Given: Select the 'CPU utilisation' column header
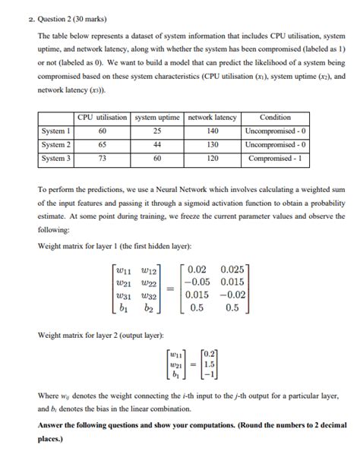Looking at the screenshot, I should (103, 118).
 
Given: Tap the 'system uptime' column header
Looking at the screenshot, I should (157, 118).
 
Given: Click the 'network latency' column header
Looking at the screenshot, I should (212, 118).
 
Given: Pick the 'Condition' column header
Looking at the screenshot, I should (275, 118).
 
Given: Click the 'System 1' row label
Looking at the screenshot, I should (56, 131).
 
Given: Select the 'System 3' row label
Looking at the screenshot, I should (56, 159).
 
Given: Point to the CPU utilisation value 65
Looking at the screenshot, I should (103, 144).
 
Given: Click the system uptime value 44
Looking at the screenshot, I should (157, 144).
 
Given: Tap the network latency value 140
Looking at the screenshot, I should (212, 131).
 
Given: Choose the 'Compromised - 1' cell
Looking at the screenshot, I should (275, 159).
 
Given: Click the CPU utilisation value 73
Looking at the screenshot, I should (103, 159).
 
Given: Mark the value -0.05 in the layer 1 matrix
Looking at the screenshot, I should (194, 282).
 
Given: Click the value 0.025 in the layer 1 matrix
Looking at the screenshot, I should (232, 269).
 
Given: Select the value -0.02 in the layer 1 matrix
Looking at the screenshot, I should (232, 296).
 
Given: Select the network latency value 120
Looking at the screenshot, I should (212, 159).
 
